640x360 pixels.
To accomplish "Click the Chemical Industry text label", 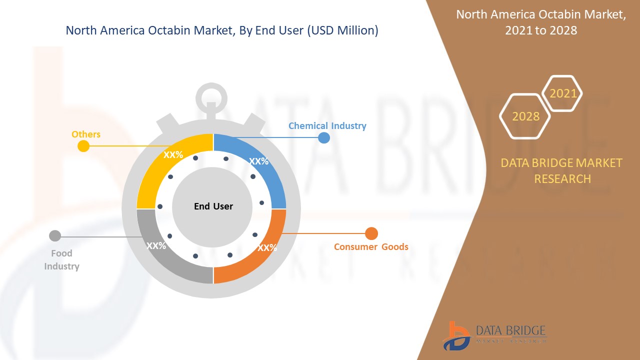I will click(327, 126).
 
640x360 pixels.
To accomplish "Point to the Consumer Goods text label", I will click(371, 246).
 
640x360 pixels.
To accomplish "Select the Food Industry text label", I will click(61, 259).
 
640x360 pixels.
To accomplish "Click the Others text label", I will click(85, 134).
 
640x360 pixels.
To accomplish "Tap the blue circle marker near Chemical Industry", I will click(324, 137).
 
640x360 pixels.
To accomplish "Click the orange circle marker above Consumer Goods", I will click(371, 233).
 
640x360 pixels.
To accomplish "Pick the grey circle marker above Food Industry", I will click(55, 235).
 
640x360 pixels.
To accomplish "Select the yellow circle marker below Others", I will click(83, 146).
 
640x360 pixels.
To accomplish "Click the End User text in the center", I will click(213, 206).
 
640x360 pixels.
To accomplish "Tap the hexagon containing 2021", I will click(563, 93).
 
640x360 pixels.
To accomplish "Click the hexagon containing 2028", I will click(525, 116).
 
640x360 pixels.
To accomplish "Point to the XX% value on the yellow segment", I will click(173, 155).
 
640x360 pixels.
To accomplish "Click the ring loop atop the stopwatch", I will click(211, 95).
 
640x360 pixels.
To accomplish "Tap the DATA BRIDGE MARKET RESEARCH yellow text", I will click(561, 170).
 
